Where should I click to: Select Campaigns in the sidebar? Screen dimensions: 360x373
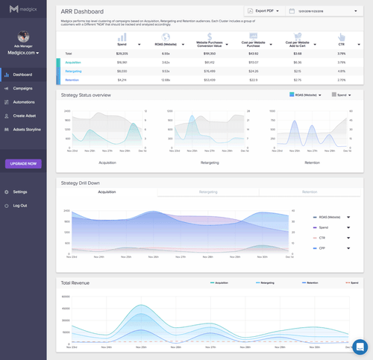coord(22,88)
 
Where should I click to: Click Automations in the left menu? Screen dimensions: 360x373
coord(24,101)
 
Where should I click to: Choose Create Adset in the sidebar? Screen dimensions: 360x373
coord(25,116)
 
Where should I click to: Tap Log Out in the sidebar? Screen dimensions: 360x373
coord(19,205)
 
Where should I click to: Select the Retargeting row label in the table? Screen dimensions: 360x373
coord(73,70)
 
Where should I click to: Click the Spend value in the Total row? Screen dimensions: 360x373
coord(122,54)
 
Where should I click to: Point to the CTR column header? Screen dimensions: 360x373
coord(341,44)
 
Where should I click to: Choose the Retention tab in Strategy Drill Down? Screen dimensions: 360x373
coord(309,192)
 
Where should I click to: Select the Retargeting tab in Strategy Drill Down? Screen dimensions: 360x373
coord(208,192)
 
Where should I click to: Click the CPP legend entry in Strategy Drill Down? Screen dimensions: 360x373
coord(325,247)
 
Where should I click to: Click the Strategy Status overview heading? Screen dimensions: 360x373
coord(86,95)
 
